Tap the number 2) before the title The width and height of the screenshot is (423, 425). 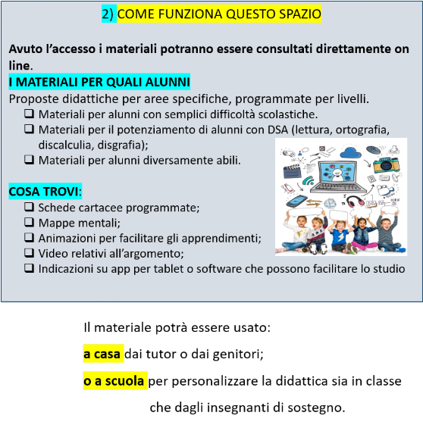tap(108, 14)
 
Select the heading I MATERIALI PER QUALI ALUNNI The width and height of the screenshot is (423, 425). tap(99, 82)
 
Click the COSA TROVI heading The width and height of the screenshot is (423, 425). tap(43, 192)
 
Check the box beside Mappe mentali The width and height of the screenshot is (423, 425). tap(29, 222)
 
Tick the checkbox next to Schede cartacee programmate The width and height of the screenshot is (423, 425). tap(29, 207)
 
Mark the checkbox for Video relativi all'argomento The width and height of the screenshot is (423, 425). tap(29, 253)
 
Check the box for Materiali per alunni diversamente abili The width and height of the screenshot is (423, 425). tap(29, 160)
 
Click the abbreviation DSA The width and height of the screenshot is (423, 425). tap(277, 130)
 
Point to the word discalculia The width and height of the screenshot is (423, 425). tap(66, 145)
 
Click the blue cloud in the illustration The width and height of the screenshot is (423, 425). tap(350, 153)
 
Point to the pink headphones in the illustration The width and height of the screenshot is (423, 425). tap(356, 202)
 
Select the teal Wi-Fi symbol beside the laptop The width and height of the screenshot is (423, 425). tap(308, 181)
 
